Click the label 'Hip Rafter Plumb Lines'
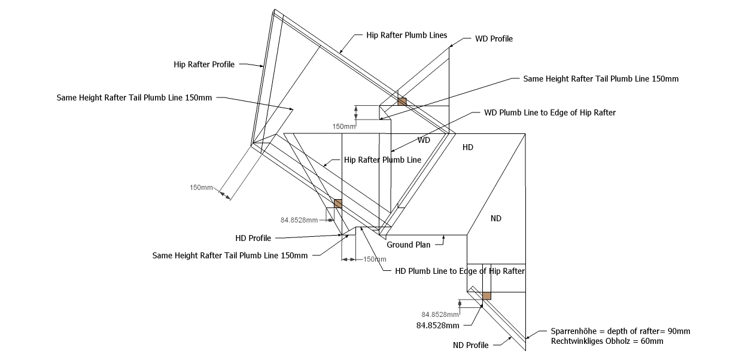pos(407,35)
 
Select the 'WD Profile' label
pos(494,39)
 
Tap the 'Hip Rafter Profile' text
pos(204,65)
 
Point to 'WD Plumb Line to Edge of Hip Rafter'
pos(550,112)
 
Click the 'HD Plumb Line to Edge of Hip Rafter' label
pos(460,271)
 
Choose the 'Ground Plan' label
pos(409,245)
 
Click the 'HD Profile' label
pos(253,238)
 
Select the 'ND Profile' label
pos(470,345)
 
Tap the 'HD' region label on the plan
pos(468,147)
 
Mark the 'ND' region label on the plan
pos(496,218)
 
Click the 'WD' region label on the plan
pos(424,141)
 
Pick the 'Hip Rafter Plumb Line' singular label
pos(382,160)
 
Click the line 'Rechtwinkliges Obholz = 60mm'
pos(607,341)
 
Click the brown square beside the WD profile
pos(402,102)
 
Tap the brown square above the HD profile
pos(337,203)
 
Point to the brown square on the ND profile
pos(486,295)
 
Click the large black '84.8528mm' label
pos(437,325)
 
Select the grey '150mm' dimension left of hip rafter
pos(201,188)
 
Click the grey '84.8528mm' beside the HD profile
pos(299,220)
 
